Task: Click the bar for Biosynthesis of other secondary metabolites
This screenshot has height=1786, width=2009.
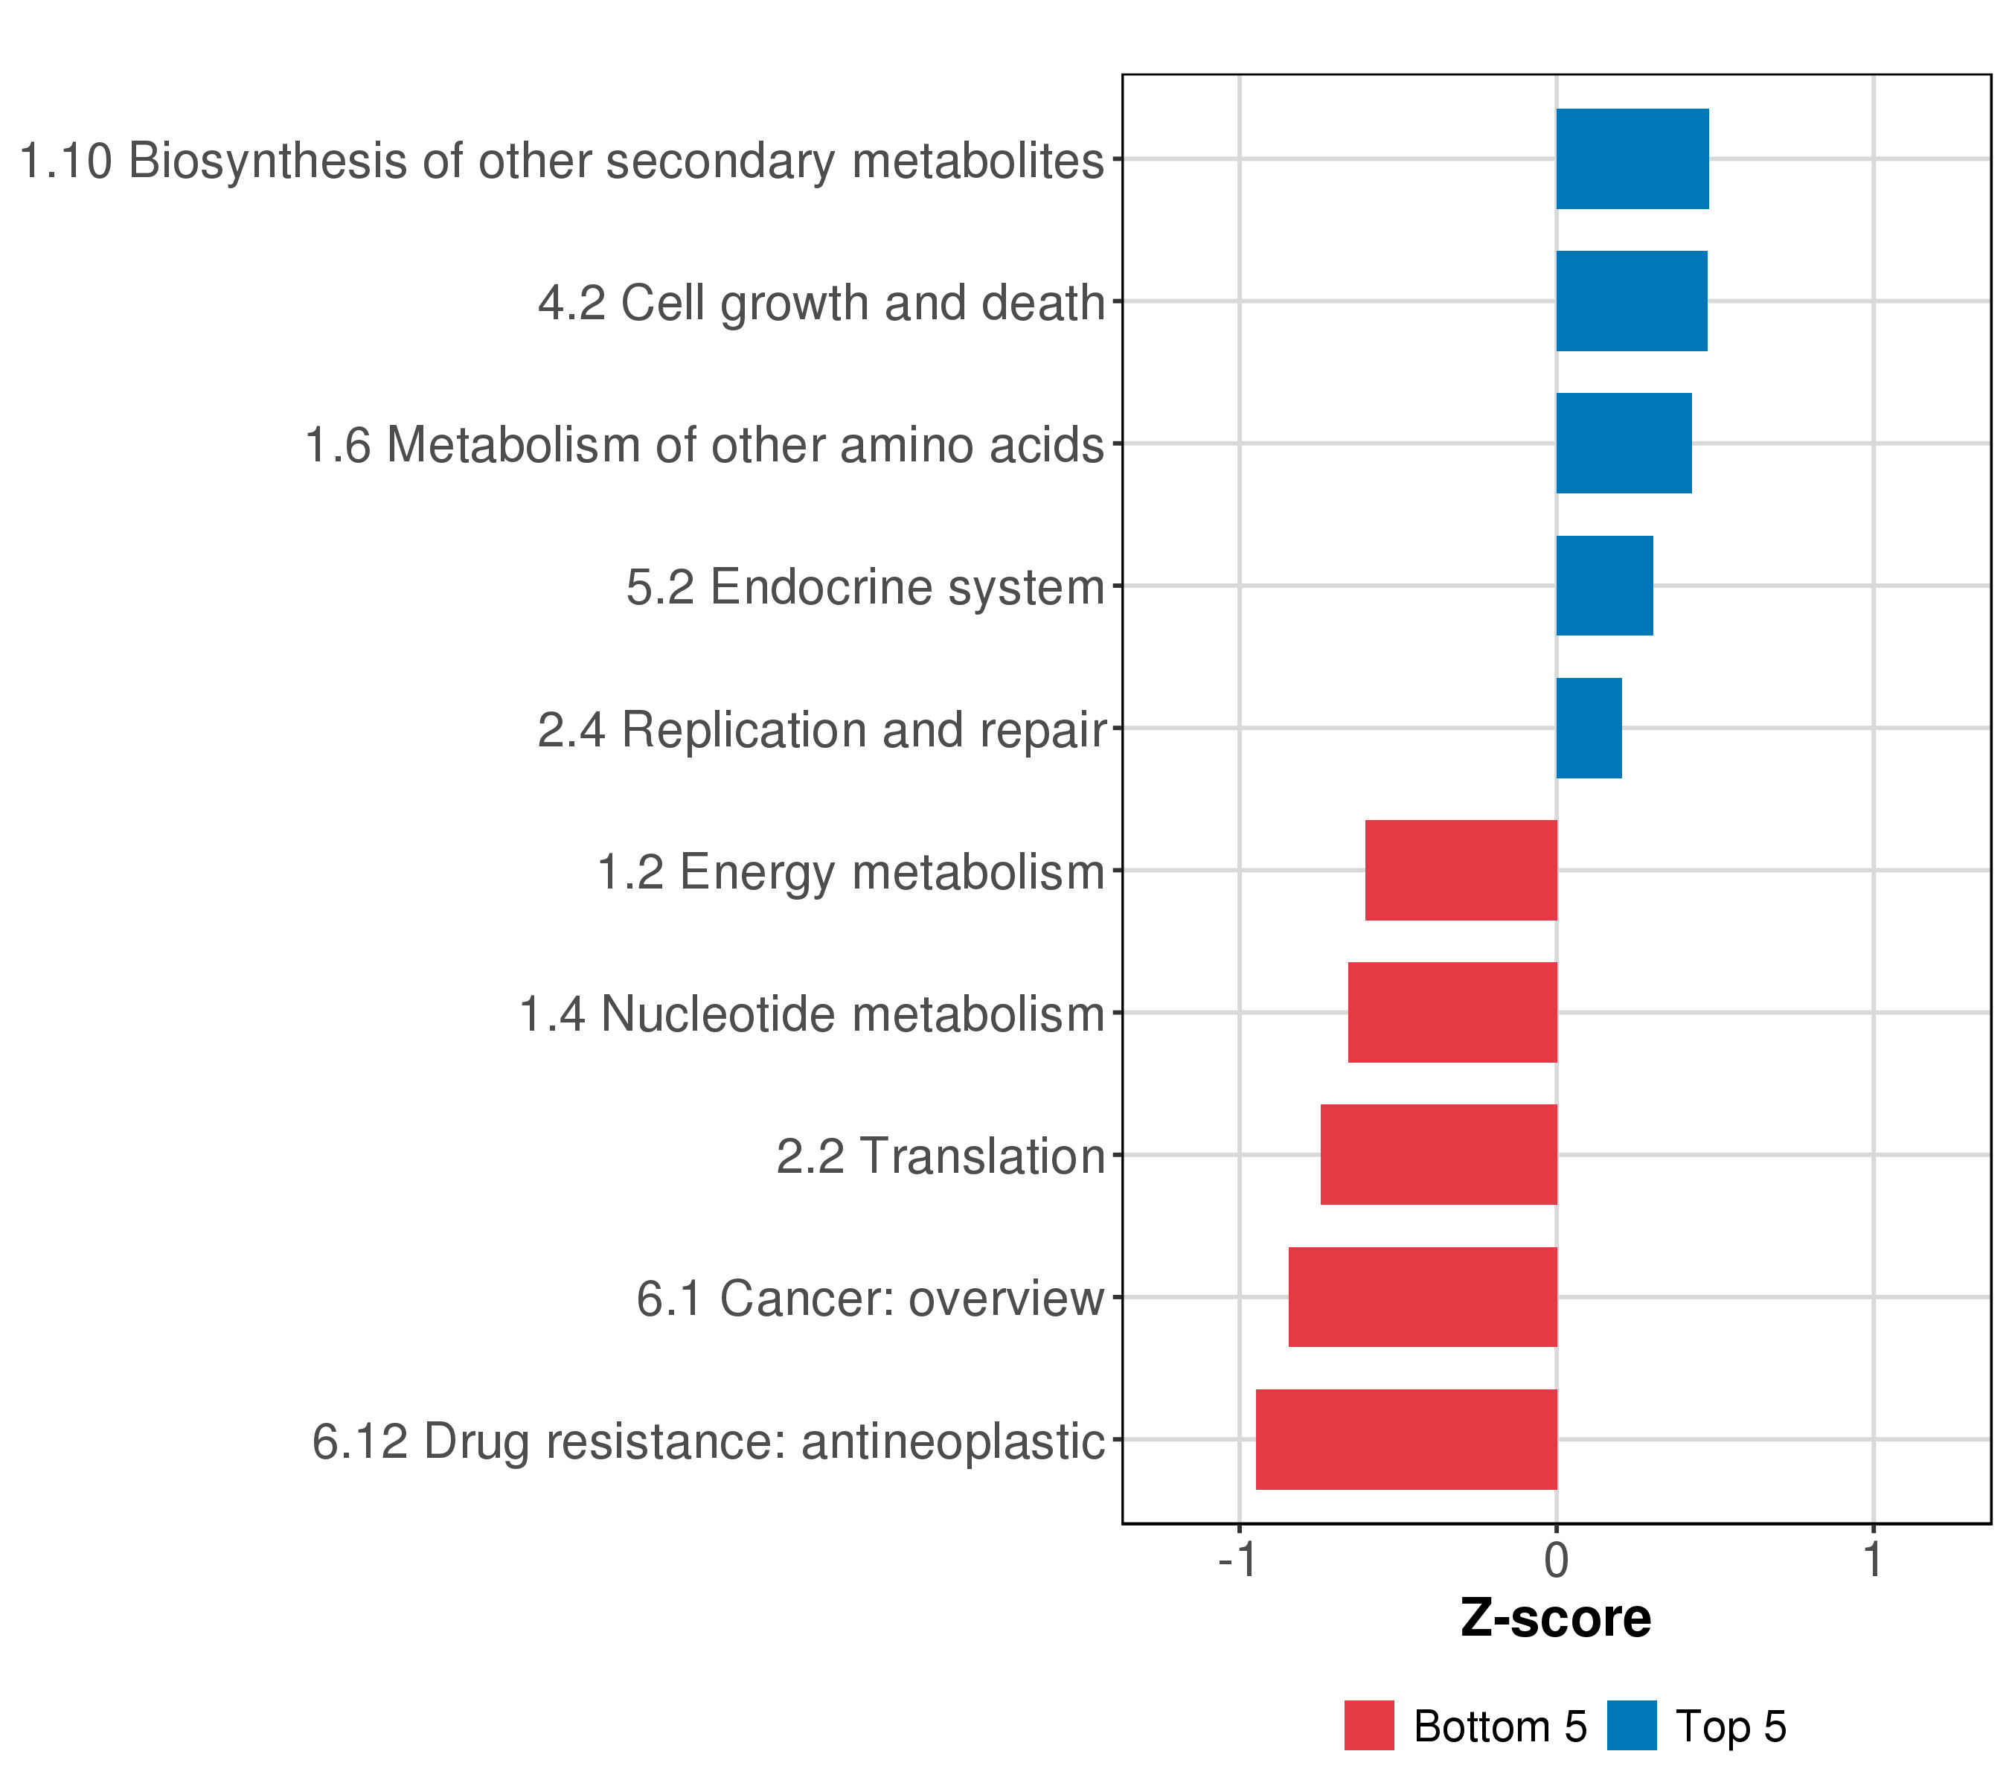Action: tap(1632, 159)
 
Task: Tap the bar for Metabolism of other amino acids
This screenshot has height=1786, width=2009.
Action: tap(1623, 444)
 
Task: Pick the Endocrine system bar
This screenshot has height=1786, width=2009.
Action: tap(1604, 586)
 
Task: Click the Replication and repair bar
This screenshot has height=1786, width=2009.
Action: tap(1589, 729)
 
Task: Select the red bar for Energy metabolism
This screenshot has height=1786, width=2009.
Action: tap(1461, 870)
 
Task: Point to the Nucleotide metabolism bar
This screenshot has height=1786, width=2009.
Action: tap(1452, 1012)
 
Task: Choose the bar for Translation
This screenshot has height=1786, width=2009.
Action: tap(1438, 1155)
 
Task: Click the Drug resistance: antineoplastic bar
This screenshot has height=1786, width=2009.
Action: tap(1406, 1440)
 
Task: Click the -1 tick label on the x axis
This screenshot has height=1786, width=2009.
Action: tap(1237, 1561)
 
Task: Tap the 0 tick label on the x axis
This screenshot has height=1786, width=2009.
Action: tap(1556, 1561)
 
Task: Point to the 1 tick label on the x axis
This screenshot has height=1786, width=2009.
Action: tap(1874, 1561)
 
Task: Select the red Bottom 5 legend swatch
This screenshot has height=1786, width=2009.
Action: tap(1369, 1726)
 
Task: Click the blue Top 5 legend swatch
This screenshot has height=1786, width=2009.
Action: tap(1632, 1726)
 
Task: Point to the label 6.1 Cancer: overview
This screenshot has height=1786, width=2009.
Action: tap(870, 1299)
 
